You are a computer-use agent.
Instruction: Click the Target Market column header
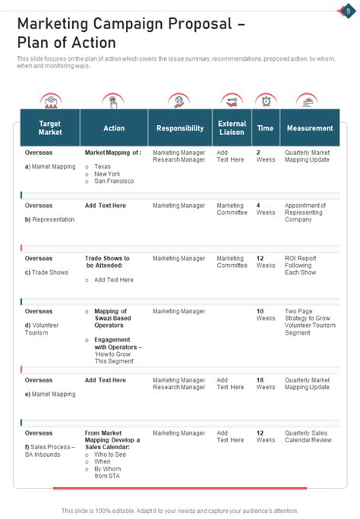tap(49, 127)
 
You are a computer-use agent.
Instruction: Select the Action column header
tap(114, 128)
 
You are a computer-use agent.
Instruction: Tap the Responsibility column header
tap(180, 128)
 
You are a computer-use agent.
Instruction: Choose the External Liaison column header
tap(232, 127)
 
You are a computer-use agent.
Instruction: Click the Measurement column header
tap(310, 128)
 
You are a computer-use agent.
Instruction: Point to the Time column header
tap(265, 128)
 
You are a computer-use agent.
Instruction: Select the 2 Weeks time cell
tap(265, 156)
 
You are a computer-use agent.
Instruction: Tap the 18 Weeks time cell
tap(265, 383)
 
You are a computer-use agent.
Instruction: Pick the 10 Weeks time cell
tap(265, 315)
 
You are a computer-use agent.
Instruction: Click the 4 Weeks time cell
tap(265, 209)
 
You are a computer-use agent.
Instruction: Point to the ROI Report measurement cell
tap(301, 265)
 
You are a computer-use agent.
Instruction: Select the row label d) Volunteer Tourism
tap(42, 329)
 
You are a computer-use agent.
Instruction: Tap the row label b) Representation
tap(49, 219)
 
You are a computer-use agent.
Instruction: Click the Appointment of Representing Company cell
tap(305, 212)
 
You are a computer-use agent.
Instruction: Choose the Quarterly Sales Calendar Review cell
tap(308, 436)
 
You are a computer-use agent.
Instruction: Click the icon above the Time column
tap(265, 101)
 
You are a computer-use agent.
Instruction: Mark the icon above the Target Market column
tap(50, 101)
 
